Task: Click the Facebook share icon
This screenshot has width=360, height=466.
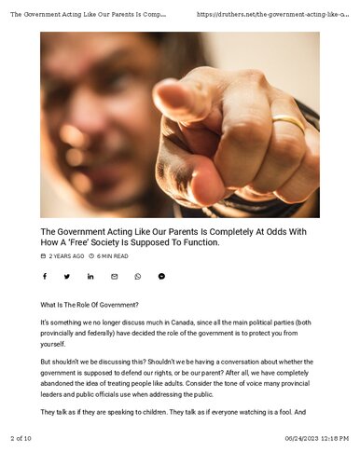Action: [x=44, y=277]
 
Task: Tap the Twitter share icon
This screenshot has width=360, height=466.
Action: [x=67, y=277]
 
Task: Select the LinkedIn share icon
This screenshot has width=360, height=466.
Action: [x=90, y=277]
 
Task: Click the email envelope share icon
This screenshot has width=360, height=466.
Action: [x=115, y=277]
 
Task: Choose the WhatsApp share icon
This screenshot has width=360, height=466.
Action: [x=138, y=277]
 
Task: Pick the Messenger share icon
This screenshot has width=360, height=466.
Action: [x=161, y=277]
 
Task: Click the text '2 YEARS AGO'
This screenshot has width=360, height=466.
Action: [x=66, y=256]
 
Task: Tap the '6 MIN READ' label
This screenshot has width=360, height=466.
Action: [x=113, y=256]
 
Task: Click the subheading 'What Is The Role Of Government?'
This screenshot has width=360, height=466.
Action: [x=90, y=305]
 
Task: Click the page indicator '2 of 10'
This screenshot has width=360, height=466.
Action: [x=21, y=438]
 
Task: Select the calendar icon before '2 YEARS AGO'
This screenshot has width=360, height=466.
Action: [x=43, y=256]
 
